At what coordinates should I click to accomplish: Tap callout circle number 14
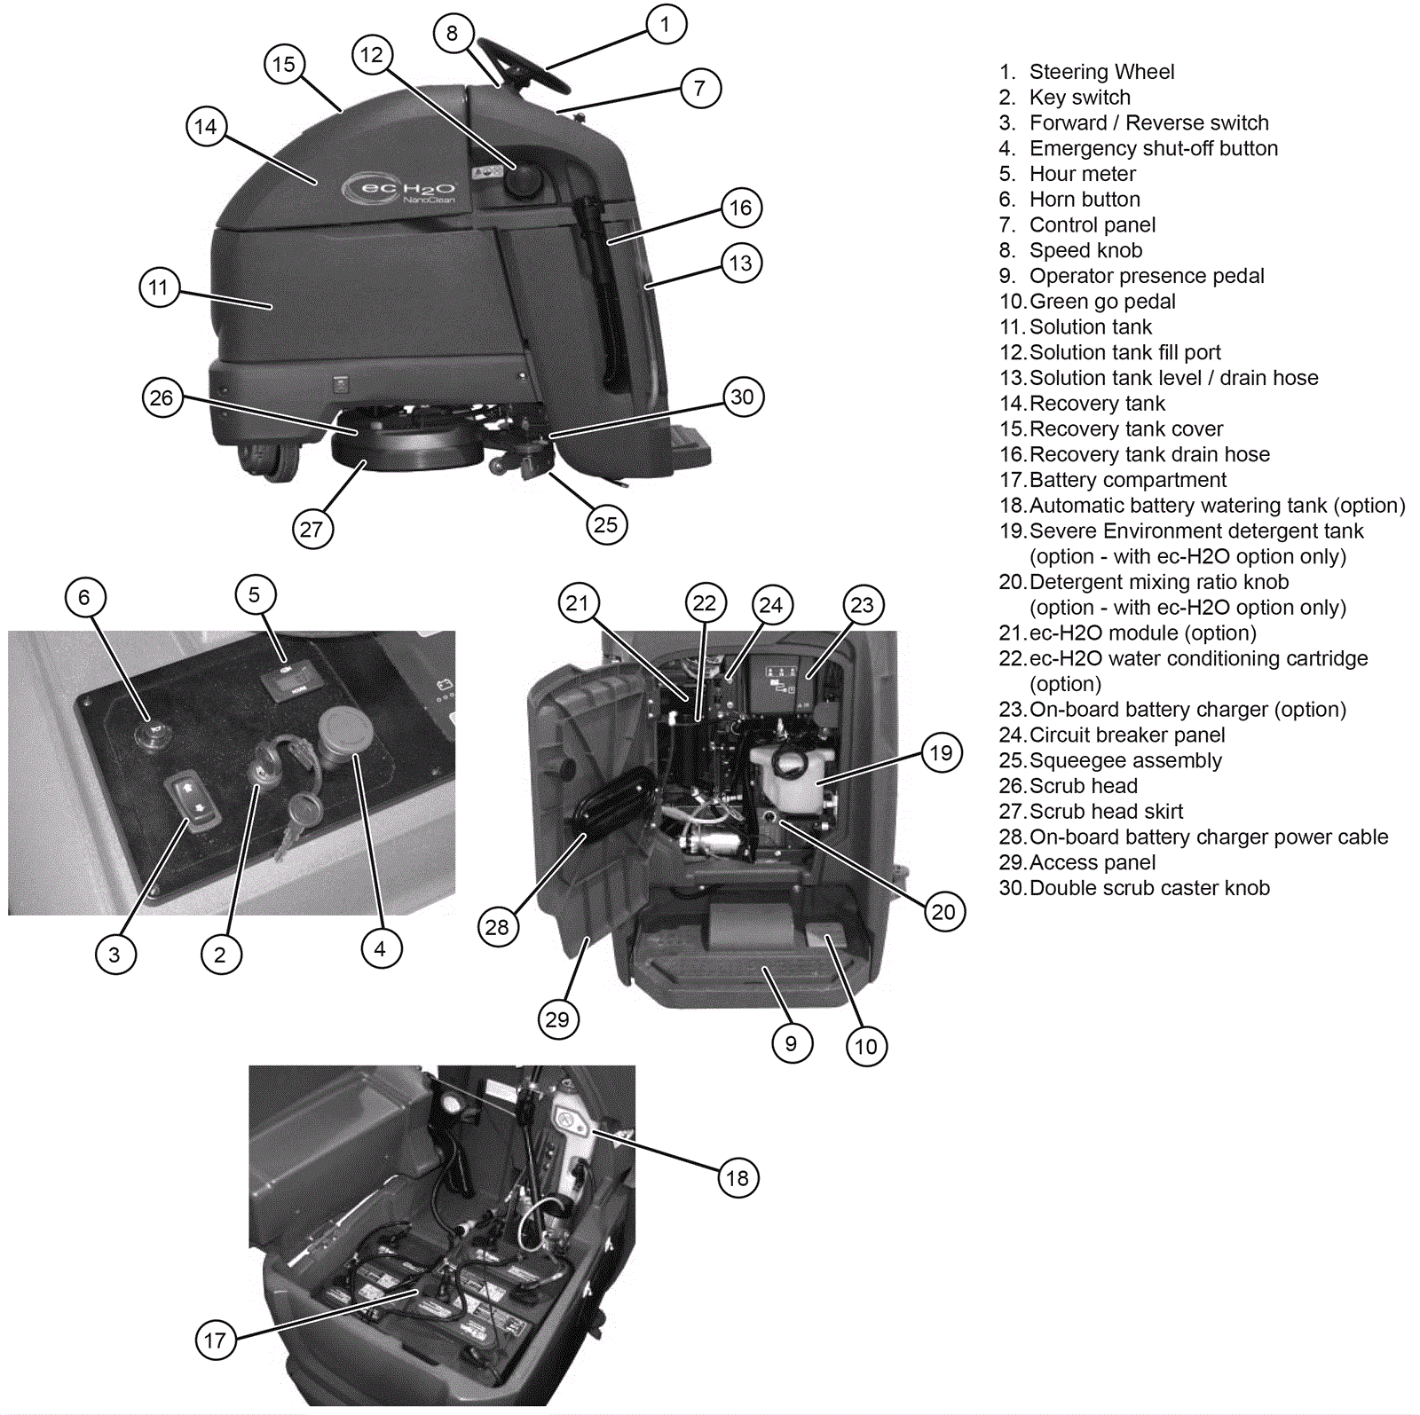coord(206,127)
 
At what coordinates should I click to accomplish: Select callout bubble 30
coord(743,397)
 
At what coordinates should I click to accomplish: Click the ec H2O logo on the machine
coord(399,189)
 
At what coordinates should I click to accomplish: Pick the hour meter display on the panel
coord(291,681)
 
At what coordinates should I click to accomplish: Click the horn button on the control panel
coord(152,735)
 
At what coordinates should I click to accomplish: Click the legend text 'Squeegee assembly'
coord(1124,760)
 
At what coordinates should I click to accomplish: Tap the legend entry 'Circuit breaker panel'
coord(1126,735)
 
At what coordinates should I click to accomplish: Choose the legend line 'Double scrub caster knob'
coord(1148,888)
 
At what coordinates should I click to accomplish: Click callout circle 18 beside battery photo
coord(738,1178)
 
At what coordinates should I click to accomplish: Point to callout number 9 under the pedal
coord(792,1043)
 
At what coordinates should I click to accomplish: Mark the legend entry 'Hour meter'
coord(1082,174)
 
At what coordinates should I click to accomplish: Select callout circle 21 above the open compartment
coord(578,604)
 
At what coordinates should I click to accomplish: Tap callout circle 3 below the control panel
coord(114,955)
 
